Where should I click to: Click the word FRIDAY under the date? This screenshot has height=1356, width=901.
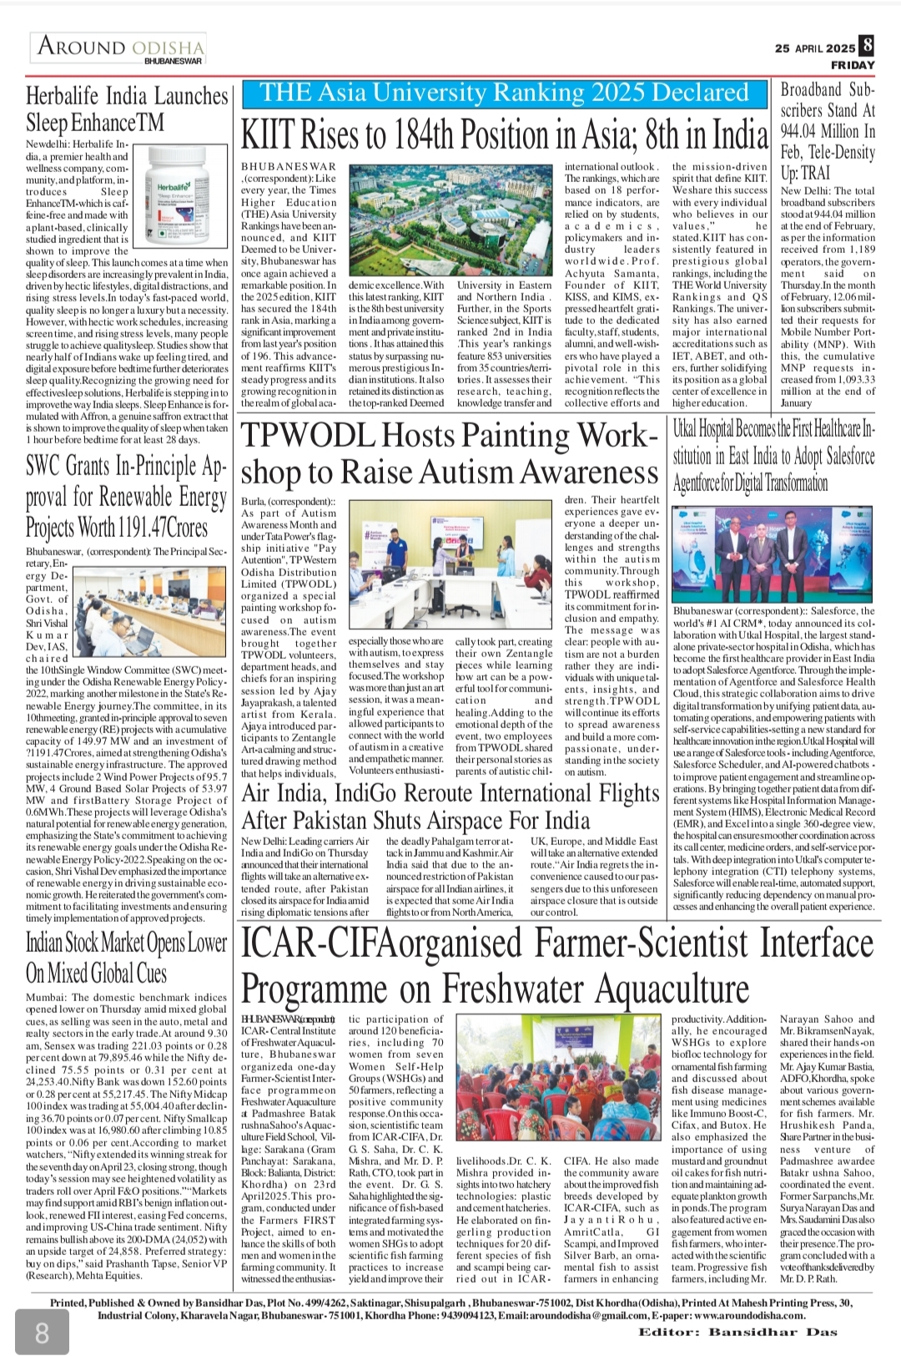tap(853, 65)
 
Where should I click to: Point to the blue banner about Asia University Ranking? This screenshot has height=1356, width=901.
tap(505, 93)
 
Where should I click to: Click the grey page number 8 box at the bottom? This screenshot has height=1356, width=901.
tap(42, 1331)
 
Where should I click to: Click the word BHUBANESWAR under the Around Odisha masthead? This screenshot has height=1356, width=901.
tap(173, 61)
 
